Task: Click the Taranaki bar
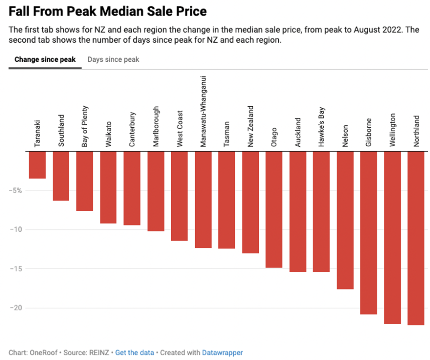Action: tap(37, 165)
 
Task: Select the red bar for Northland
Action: tap(416, 238)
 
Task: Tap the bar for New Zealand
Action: tap(250, 202)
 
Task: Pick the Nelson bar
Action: tap(345, 220)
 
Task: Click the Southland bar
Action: tap(61, 176)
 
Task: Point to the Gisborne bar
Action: tap(369, 233)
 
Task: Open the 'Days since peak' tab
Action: tap(113, 59)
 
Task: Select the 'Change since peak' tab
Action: tap(45, 59)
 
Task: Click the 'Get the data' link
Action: tap(135, 352)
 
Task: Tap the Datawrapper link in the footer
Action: tap(222, 352)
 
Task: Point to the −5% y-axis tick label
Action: tap(16, 191)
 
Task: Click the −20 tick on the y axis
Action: tap(16, 308)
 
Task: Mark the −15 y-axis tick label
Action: tap(16, 269)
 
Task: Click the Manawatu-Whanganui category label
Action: tap(203, 111)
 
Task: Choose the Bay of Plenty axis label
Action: tap(85, 126)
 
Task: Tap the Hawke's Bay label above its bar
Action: tap(321, 127)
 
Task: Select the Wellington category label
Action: tap(392, 130)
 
